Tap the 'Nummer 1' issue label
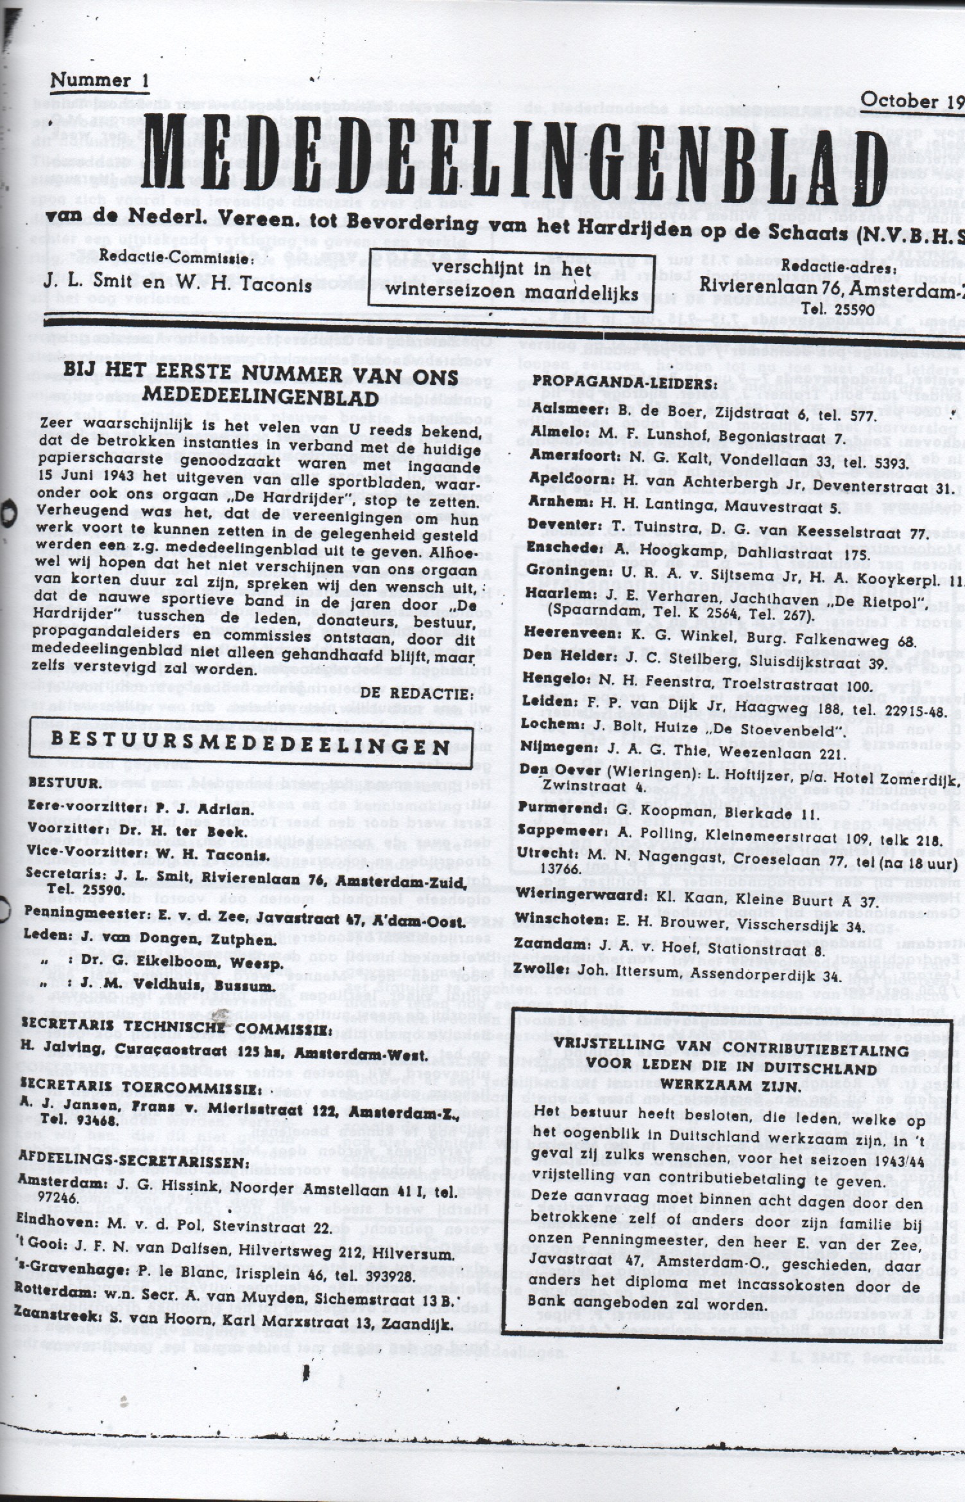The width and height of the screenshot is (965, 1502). point(100,80)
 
